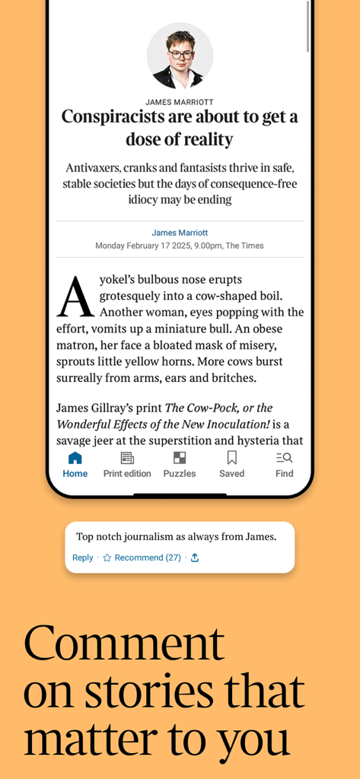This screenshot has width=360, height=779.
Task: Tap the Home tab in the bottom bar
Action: coord(75,464)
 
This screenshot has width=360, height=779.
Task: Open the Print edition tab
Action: coord(127,464)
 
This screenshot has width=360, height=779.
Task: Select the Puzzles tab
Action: coord(180,464)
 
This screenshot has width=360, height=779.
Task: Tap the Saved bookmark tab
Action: coord(232,464)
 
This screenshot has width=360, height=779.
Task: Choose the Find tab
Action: coord(285,464)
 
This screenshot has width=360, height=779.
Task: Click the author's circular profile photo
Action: coord(180,56)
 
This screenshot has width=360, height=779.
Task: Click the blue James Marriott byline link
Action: coord(180,233)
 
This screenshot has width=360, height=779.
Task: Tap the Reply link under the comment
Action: coord(82,558)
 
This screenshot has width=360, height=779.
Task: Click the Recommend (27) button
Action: coord(142,558)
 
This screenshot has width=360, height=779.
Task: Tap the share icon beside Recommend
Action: coord(195,558)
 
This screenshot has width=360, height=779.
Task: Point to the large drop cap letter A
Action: coord(75,297)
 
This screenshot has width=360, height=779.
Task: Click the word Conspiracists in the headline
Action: coord(117,117)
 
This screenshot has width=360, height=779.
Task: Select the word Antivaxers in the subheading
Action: coord(95,167)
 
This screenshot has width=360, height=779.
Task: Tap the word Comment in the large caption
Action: coord(124,643)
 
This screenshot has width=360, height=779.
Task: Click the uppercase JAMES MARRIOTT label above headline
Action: coord(180,102)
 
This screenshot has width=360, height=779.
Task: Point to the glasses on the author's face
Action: coord(180,54)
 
